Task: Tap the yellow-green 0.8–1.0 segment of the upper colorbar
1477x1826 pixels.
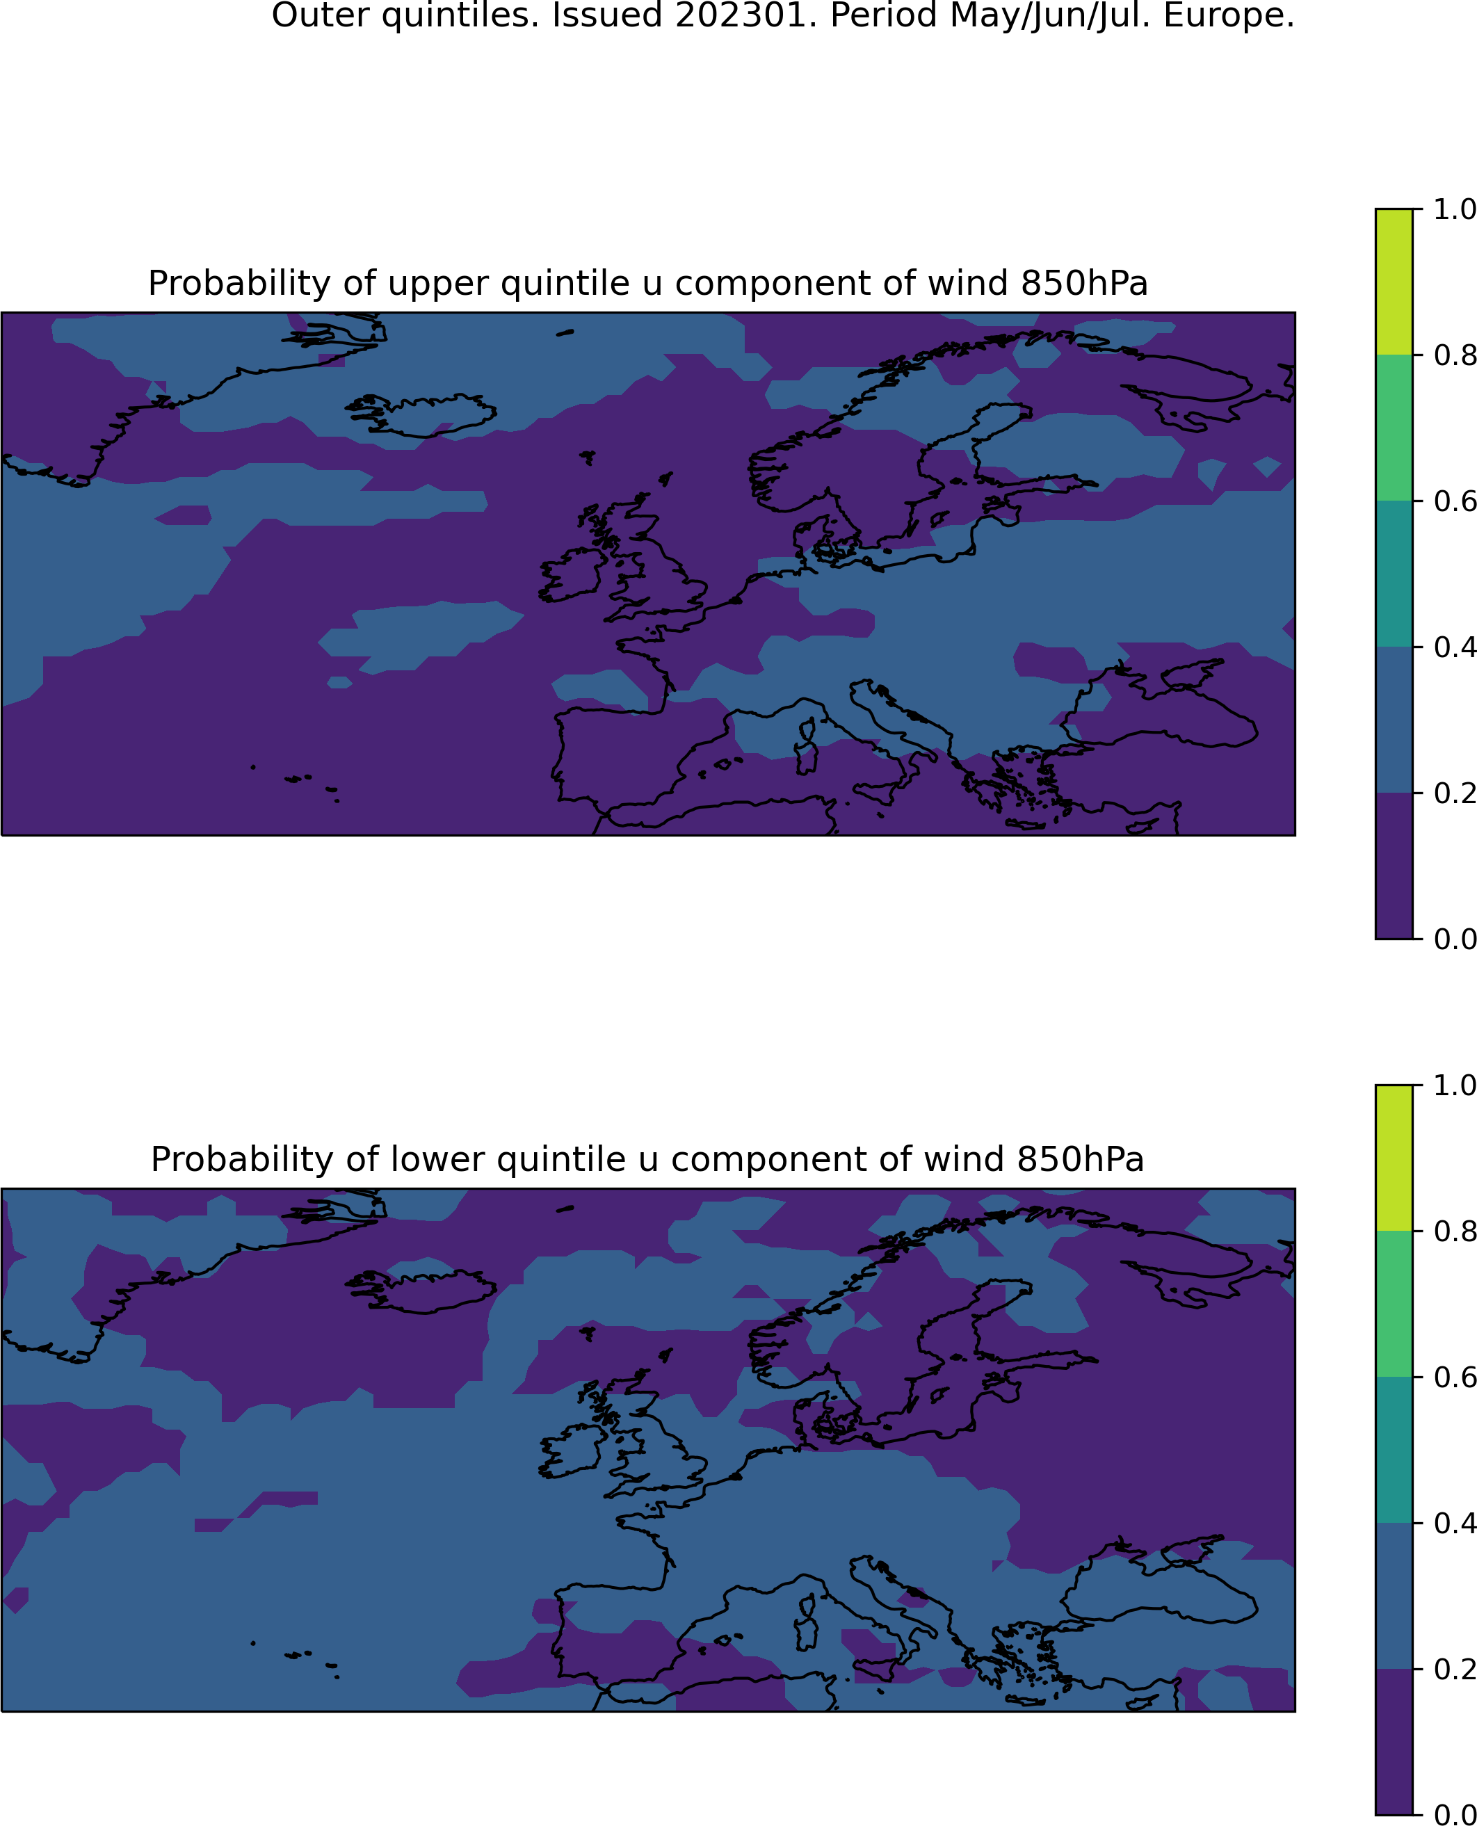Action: click(x=1394, y=282)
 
